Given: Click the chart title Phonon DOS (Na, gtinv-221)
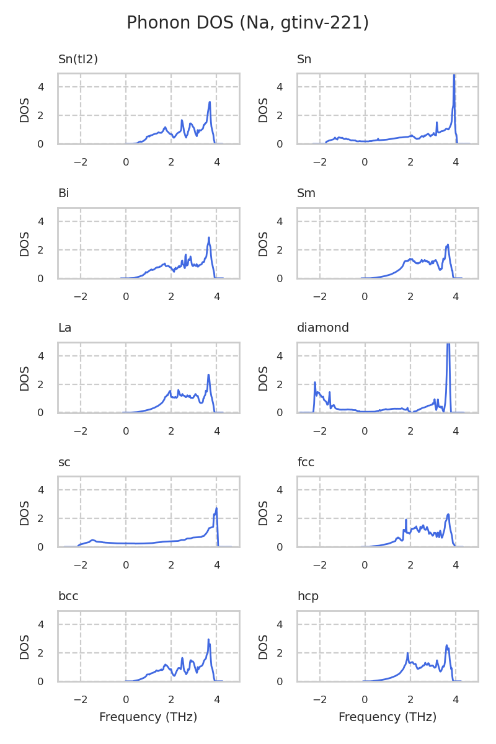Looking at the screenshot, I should (x=248, y=24).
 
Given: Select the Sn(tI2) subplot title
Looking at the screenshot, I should (x=78, y=60).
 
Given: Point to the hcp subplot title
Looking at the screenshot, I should (x=308, y=596).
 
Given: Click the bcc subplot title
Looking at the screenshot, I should (x=68, y=596).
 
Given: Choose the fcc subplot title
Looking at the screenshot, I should (x=306, y=463).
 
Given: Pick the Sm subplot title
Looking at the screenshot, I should (x=306, y=193).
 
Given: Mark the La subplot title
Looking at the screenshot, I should (x=64, y=328).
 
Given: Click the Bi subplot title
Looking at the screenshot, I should (x=63, y=193).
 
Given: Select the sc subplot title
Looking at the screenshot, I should (x=64, y=463).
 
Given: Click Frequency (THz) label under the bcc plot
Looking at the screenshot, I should (x=148, y=717).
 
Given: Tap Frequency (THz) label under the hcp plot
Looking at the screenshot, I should (x=387, y=717).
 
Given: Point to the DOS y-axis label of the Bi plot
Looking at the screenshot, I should (x=25, y=244).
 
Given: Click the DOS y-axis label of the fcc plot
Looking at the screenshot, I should (x=263, y=512).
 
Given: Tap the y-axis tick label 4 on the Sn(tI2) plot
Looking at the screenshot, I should (x=41, y=87).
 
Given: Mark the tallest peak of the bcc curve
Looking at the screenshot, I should (x=208, y=640).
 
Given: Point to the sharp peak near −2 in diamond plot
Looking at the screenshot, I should (x=315, y=383).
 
